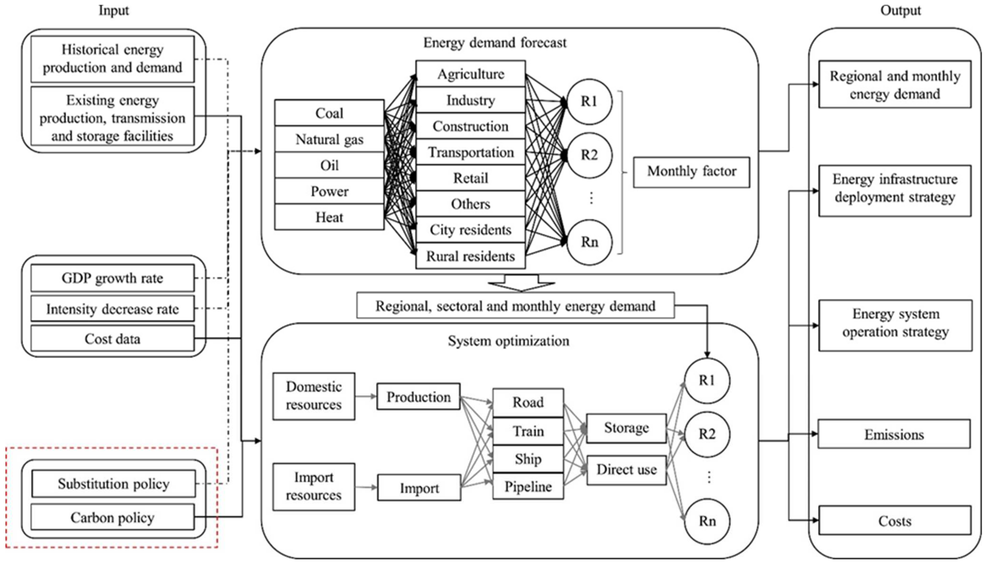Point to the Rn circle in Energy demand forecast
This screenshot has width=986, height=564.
pyautogui.click(x=589, y=242)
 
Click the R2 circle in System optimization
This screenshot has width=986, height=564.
pyautogui.click(x=707, y=434)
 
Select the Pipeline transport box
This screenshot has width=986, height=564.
pyautogui.click(x=528, y=487)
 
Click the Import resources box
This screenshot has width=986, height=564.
pyautogui.click(x=314, y=487)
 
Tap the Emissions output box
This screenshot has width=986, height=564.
pyautogui.click(x=894, y=434)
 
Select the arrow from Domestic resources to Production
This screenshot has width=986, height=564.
pyautogui.click(x=365, y=396)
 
